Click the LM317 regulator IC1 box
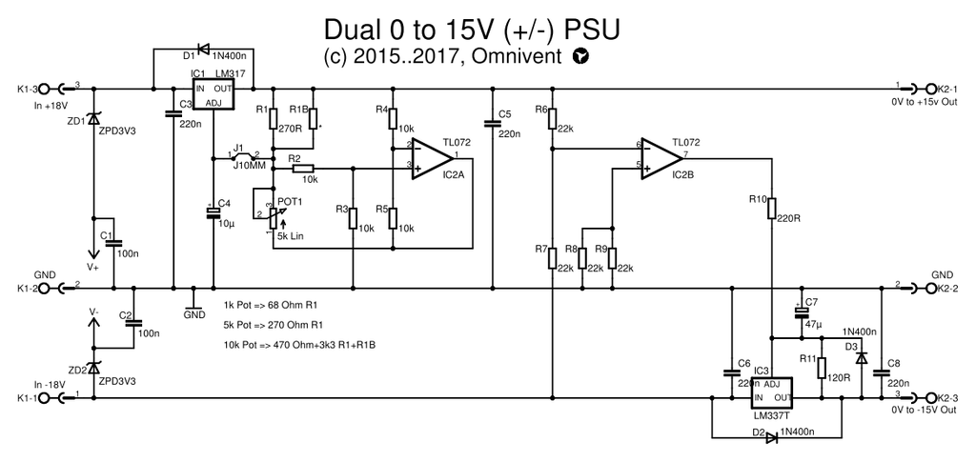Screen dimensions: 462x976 pyautogui.click(x=214, y=95)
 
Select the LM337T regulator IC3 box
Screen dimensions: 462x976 pyautogui.click(x=773, y=391)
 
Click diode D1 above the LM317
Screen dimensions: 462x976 pyautogui.click(x=203, y=48)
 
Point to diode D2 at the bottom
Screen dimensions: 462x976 pyautogui.click(x=771, y=437)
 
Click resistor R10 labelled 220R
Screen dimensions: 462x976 pyautogui.click(x=772, y=210)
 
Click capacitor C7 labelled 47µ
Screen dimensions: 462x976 pyautogui.click(x=801, y=313)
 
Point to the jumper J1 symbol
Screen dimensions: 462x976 pyautogui.click(x=243, y=153)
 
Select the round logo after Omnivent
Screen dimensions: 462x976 pyautogui.click(x=581, y=58)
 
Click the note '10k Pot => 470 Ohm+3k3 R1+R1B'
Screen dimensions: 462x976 pyautogui.click(x=294, y=344)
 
